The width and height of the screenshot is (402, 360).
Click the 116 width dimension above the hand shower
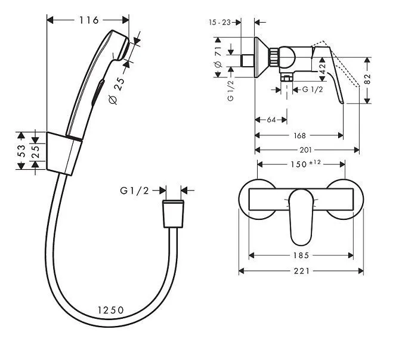(x=88, y=20)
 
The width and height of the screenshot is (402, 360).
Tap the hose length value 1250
(x=111, y=310)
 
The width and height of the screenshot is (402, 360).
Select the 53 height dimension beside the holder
(x=21, y=151)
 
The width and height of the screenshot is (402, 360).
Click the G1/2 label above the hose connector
(x=134, y=191)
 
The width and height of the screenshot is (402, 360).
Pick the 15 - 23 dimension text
(x=219, y=23)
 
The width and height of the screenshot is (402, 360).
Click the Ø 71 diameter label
(x=218, y=57)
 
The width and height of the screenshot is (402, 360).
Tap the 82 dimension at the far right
(x=367, y=79)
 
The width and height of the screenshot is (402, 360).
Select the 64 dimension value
(x=271, y=120)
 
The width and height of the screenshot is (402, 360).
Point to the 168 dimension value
(x=299, y=135)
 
